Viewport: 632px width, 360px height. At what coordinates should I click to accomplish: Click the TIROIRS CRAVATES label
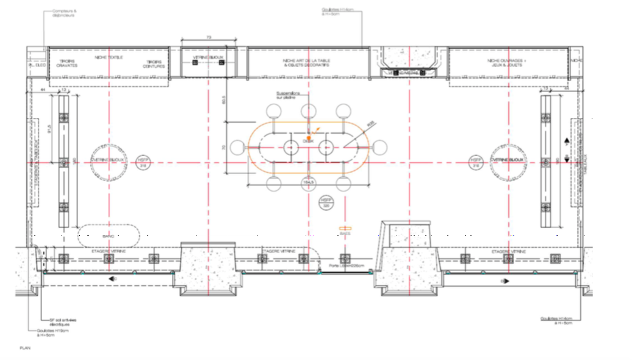click(68, 64)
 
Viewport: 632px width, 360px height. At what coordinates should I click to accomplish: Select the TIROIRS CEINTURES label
click(154, 64)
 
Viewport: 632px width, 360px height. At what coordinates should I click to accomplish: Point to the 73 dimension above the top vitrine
click(209, 38)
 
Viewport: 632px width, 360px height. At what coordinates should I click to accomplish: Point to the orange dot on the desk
click(309, 139)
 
